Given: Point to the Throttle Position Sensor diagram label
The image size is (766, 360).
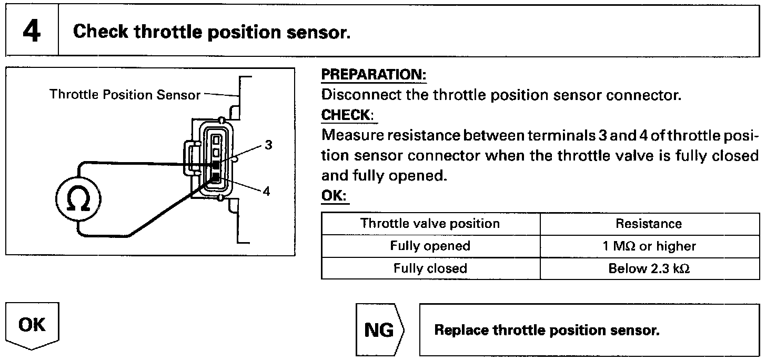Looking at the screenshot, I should coord(125,95).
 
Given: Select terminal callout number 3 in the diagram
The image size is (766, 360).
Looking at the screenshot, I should coord(268,145).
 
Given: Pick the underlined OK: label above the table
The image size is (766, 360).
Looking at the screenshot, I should coord(335,196).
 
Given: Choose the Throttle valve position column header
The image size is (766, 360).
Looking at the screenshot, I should coord(430,224).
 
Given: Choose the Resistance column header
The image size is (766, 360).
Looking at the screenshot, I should coord(649,224).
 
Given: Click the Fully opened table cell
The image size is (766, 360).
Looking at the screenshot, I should coord(430,246).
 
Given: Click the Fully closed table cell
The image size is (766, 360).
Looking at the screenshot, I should coord(430,268).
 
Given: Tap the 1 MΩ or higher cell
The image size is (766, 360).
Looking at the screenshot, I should coord(649,246).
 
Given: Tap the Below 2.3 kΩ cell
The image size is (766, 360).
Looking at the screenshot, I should coord(649,268).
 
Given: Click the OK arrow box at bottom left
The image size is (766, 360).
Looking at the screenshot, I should coord(32,325).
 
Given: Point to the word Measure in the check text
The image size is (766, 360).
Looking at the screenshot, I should coord(352,136).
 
